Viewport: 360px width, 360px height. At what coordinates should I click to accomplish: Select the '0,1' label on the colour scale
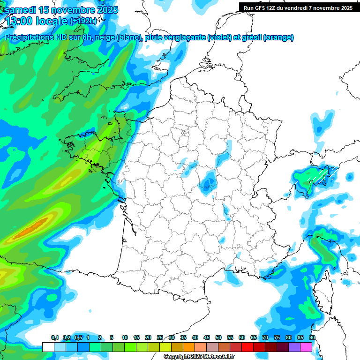[x=55, y=337]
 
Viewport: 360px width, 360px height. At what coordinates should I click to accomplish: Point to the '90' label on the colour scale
[x=312, y=337]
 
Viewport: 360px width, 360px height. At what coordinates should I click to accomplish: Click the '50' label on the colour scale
[x=218, y=337]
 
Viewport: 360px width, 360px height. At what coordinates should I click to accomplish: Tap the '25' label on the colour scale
[x=160, y=337]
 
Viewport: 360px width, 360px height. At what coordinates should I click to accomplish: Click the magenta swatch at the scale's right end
[x=306, y=347]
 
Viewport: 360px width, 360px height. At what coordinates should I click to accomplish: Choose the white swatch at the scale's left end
[x=48, y=347]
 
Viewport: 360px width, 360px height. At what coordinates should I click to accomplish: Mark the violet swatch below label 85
[x=294, y=347]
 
